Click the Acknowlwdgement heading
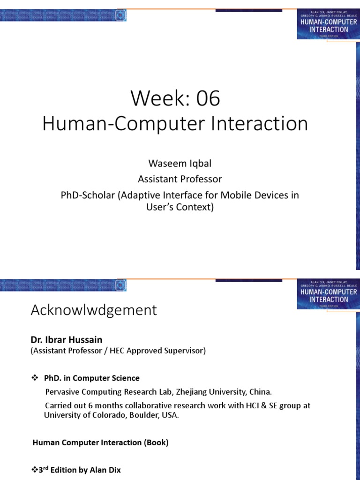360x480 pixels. click(x=94, y=310)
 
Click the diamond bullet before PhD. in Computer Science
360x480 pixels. click(x=34, y=378)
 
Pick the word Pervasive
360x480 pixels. click(x=62, y=392)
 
